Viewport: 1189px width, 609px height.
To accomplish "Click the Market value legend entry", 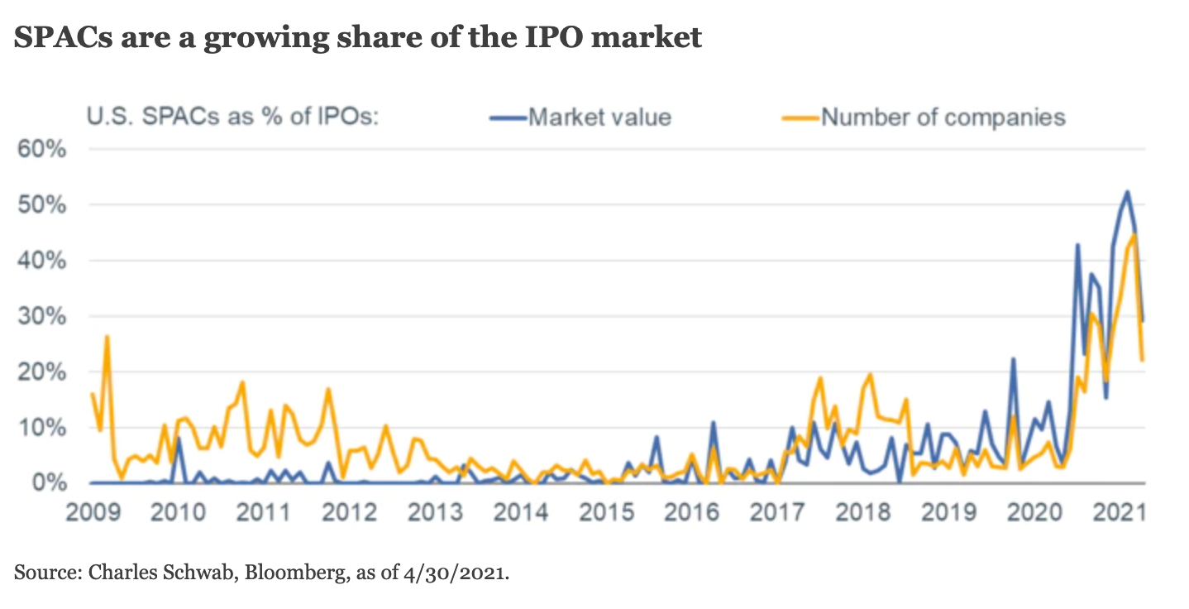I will click(x=599, y=117).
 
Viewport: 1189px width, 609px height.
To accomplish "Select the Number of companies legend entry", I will click(x=943, y=117).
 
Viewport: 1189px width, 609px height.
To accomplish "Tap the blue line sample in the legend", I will click(x=508, y=117).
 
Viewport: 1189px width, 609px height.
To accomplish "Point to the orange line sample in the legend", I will click(x=800, y=117).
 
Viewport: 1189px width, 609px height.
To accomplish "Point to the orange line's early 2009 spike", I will click(x=107, y=337).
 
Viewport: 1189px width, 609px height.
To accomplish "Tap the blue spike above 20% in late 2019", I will click(x=1013, y=359).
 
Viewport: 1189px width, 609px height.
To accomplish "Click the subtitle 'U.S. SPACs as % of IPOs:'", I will click(x=232, y=117).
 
